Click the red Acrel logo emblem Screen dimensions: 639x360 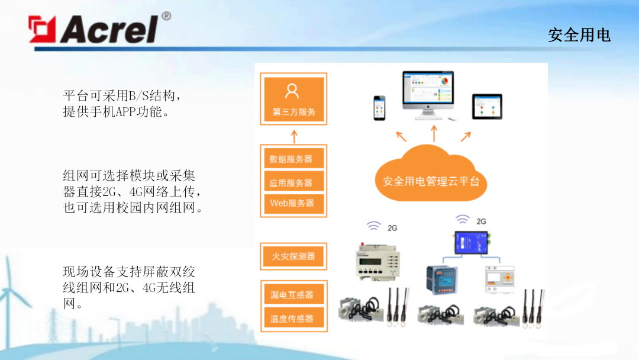tap(42, 29)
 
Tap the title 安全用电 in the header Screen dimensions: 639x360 tap(579, 35)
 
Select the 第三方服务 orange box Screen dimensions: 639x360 tap(294, 99)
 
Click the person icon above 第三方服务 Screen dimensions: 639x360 tap(292, 91)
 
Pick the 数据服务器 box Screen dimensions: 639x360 tap(294, 159)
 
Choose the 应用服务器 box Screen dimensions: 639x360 tap(294, 182)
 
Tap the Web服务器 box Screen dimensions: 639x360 tap(294, 204)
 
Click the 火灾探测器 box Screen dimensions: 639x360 tap(294, 256)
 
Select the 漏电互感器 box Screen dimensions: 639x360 tap(294, 294)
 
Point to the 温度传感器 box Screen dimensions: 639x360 tap(294, 318)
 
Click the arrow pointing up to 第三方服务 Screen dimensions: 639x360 tap(294, 137)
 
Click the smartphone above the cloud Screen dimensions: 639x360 tap(379, 108)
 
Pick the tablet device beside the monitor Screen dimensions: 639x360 tap(487, 107)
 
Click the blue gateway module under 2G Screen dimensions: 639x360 tap(472, 243)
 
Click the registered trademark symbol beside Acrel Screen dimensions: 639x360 tap(166, 17)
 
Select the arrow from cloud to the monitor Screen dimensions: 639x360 tap(434, 133)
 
